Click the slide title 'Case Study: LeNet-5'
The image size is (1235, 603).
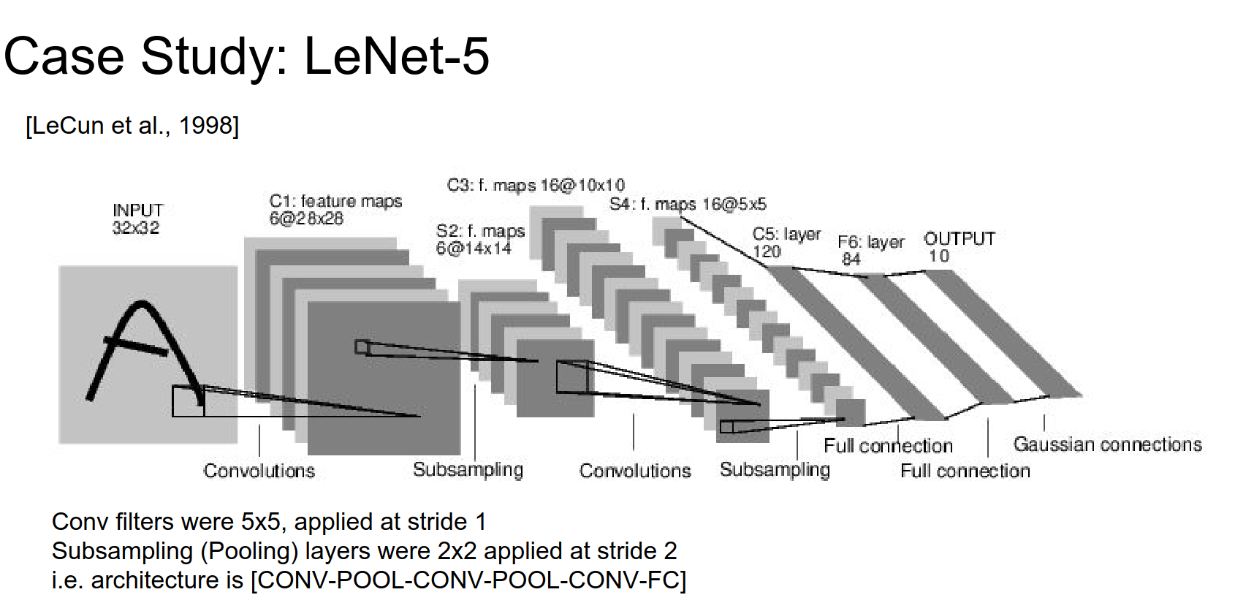[246, 56]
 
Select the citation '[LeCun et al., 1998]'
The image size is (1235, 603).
[132, 126]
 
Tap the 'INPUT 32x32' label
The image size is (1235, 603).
[137, 219]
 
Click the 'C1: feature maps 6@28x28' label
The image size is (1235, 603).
[335, 209]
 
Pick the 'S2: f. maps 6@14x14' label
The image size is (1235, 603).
[479, 239]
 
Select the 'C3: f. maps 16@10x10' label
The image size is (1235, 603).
[536, 185]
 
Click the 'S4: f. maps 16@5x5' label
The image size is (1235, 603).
[688, 204]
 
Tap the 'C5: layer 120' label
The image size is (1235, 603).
[786, 242]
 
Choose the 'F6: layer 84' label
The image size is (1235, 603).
[870, 249]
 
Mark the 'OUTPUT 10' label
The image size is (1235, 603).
[959, 246]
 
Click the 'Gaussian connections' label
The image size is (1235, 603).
[1107, 444]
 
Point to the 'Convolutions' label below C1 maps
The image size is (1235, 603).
[259, 471]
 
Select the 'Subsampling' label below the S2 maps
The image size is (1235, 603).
[468, 469]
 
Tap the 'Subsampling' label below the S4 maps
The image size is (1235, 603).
[775, 469]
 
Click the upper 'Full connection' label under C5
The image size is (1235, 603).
[888, 446]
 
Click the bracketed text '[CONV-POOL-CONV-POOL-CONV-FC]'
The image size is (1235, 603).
[468, 580]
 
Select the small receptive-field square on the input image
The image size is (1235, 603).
[188, 401]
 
